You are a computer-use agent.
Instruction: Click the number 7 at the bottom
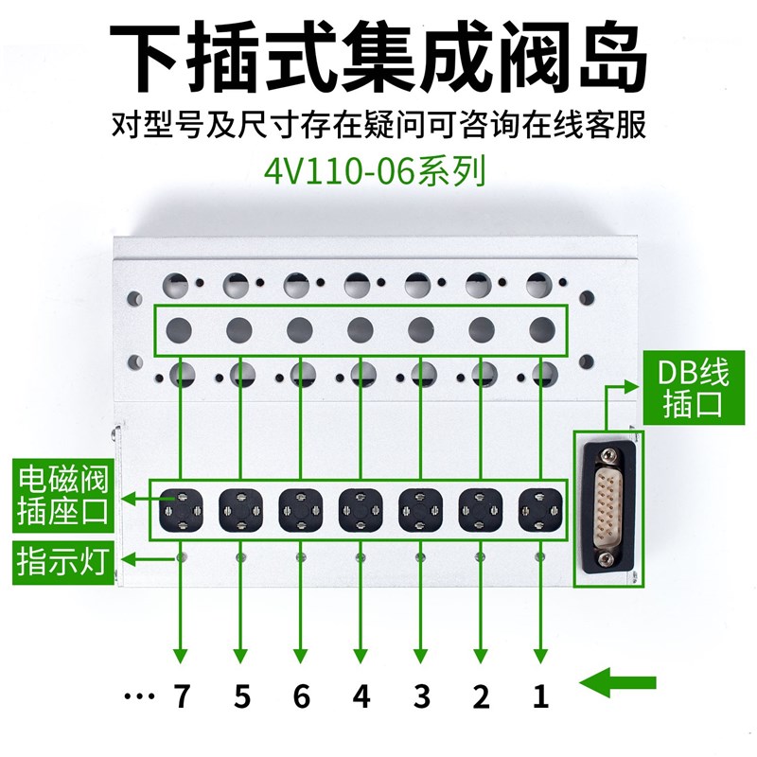click(182, 697)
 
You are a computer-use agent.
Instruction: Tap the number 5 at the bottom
click(241, 697)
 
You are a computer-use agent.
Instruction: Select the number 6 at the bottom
click(301, 697)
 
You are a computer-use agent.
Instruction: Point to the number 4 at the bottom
click(361, 697)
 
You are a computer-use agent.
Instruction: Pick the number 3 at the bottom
click(421, 697)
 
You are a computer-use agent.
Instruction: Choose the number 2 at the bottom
click(481, 697)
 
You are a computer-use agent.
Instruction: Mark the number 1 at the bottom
click(540, 697)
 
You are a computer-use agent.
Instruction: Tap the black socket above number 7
click(182, 509)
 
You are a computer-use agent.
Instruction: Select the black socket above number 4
click(361, 509)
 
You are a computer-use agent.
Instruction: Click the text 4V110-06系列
click(378, 172)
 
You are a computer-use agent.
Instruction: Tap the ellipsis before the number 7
click(139, 698)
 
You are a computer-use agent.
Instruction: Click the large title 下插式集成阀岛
click(378, 55)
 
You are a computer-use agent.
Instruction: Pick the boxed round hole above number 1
click(540, 329)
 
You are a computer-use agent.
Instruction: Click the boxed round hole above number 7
click(182, 329)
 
